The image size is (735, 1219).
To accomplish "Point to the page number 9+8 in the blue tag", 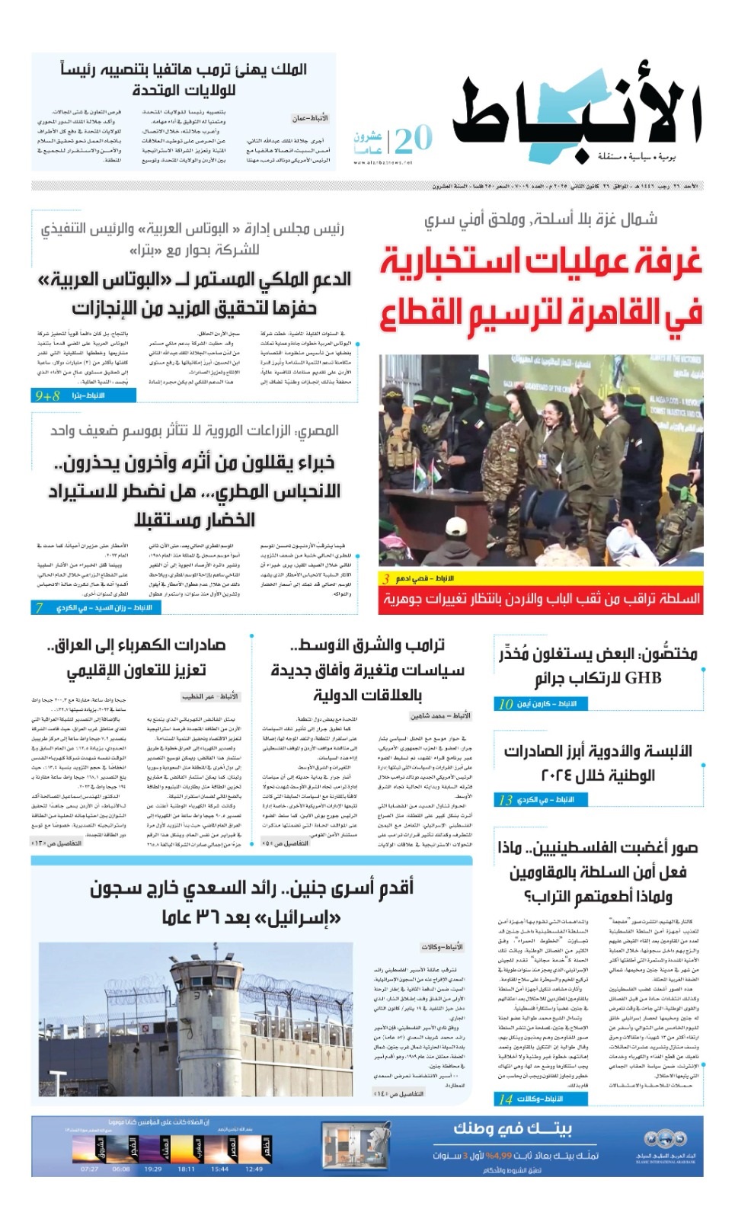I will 46,396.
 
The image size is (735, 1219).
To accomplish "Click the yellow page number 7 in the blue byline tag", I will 39,607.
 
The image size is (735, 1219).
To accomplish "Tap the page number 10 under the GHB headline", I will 505,704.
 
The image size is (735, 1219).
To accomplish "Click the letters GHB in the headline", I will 643,677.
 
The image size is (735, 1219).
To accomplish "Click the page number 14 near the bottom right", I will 506,1099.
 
